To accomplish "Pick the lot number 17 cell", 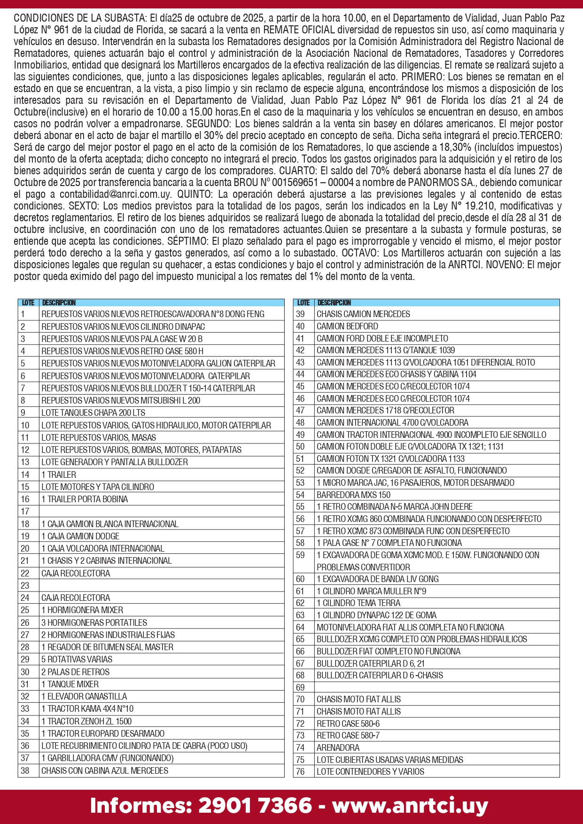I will [x=25, y=511].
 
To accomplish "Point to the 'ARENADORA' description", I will [x=338, y=747].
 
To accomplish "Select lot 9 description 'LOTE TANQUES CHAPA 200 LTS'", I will [x=93, y=412].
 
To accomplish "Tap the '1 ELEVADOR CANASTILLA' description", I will [x=84, y=696].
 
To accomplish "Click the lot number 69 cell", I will [x=301, y=687].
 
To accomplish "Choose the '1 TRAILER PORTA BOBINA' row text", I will [x=85, y=499].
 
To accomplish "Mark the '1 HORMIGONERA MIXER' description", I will [x=82, y=610].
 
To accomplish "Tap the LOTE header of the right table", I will [x=303, y=303].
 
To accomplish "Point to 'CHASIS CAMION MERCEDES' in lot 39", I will [x=363, y=314].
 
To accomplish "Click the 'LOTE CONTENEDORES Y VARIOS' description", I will [x=370, y=771].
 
